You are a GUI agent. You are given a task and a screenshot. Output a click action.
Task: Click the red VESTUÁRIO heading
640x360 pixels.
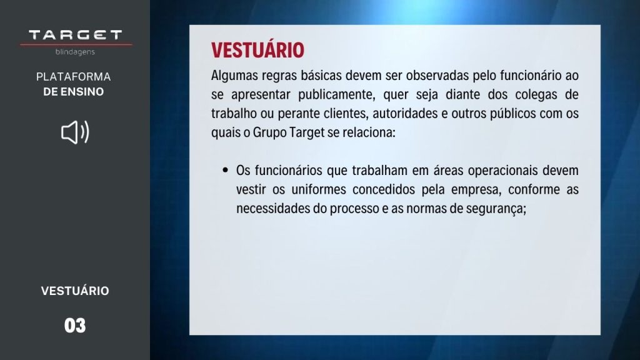[x=257, y=49]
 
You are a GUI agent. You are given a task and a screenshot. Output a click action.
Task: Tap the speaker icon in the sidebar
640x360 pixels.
[x=75, y=132]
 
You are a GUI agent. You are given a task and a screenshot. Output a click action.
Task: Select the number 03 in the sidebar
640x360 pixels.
[x=75, y=326]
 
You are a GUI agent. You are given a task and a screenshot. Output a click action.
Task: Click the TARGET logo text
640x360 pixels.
[x=76, y=35]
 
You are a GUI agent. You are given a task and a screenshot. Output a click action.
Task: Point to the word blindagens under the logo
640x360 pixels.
[x=75, y=52]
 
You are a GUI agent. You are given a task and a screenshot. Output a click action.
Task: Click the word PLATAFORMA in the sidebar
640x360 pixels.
[x=74, y=77]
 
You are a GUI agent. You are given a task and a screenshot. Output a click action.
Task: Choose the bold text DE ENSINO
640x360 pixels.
[x=74, y=92]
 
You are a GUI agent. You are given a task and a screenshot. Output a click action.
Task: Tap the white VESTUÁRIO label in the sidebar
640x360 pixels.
[x=75, y=291]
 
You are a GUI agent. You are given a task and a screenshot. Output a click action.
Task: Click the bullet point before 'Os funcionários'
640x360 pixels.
[x=225, y=169]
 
